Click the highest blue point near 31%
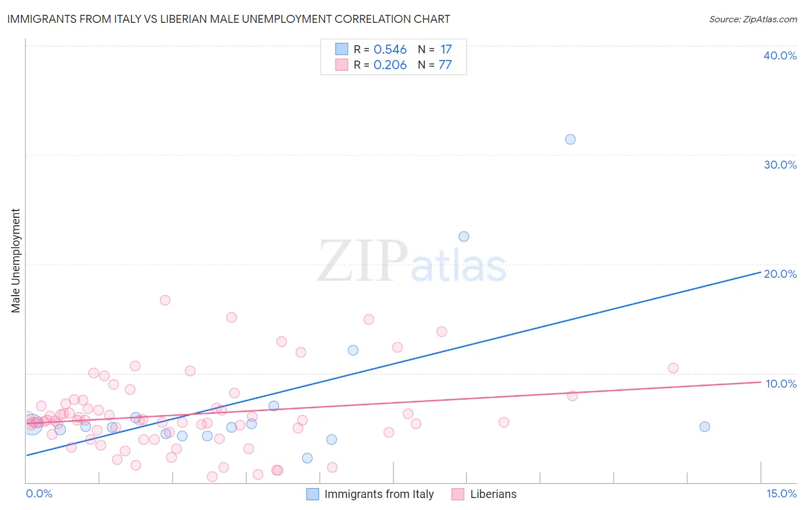click(x=570, y=140)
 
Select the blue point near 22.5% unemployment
click(x=464, y=237)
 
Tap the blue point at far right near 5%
click(x=705, y=427)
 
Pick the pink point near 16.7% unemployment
click(x=165, y=300)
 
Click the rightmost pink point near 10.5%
click(x=673, y=368)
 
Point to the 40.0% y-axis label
click(x=780, y=55)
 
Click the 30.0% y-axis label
click(x=780, y=165)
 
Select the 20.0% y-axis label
click(x=780, y=274)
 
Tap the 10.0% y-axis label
click(x=781, y=384)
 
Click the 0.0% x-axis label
click(x=39, y=493)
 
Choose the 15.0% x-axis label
click(x=781, y=493)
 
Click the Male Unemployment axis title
click(x=15, y=261)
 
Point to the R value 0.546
click(x=390, y=50)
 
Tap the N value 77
click(x=445, y=65)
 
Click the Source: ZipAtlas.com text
click(x=753, y=19)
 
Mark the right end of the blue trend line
click(x=761, y=273)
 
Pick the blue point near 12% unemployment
click(x=353, y=350)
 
